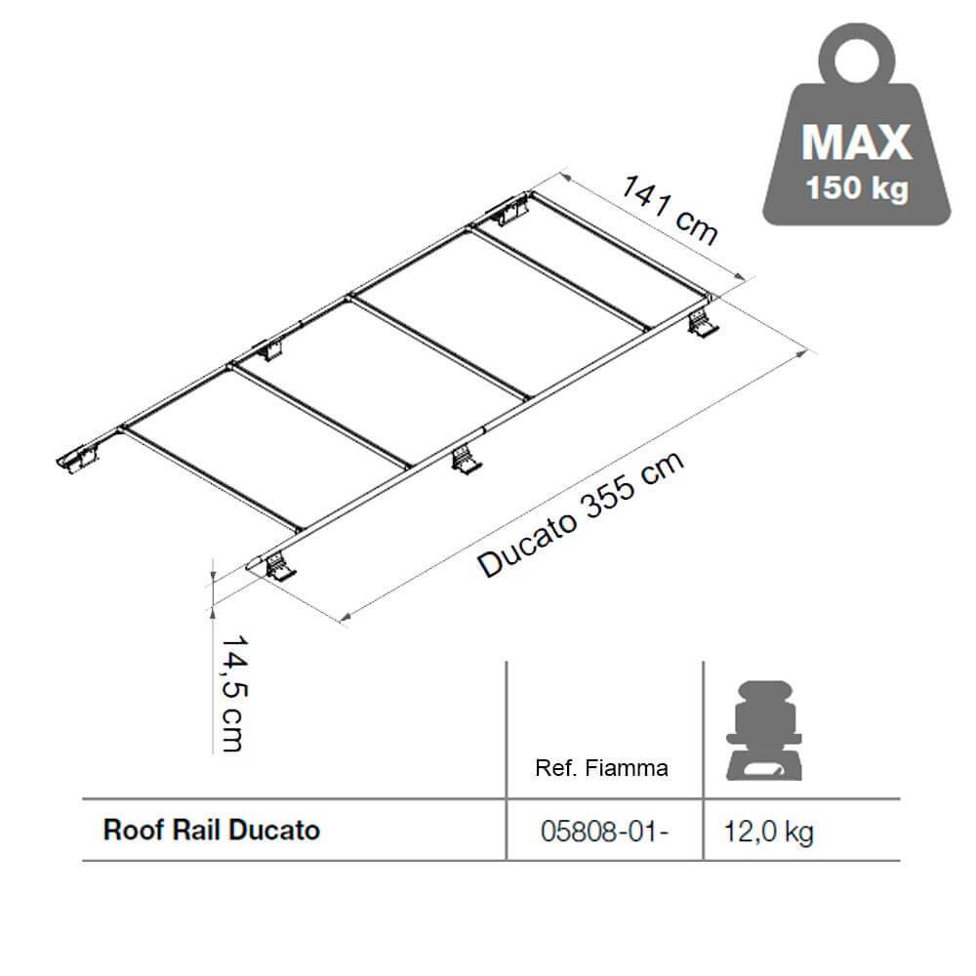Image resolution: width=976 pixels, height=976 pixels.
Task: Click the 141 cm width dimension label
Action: (671, 209)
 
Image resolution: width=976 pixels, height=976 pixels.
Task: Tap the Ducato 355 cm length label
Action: (580, 517)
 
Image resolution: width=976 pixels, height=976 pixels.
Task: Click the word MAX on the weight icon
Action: (856, 142)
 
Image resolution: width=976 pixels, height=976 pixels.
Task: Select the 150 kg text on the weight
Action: (856, 187)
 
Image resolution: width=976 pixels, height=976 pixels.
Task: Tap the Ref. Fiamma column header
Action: (602, 768)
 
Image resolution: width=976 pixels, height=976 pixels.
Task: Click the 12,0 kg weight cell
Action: (769, 832)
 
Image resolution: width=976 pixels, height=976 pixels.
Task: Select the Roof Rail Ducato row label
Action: (212, 831)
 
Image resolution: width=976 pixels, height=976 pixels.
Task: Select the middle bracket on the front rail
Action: (467, 459)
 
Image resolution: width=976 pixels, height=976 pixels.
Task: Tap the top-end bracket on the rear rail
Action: (510, 209)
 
